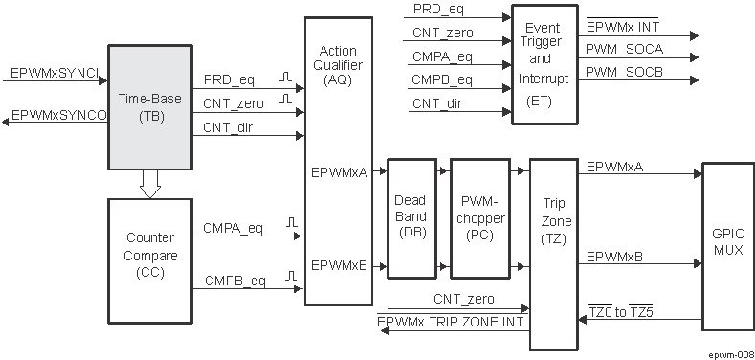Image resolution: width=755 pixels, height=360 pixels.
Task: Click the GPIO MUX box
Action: point(728,241)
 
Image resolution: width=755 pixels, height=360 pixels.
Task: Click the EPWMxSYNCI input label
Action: point(53,72)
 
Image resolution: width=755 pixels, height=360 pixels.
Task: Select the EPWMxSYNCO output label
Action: point(57,115)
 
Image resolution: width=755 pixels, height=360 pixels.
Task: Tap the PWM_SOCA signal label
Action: point(624,49)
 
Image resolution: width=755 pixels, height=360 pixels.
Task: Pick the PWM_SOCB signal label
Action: point(624,72)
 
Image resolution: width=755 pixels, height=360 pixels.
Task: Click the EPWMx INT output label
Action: point(622,26)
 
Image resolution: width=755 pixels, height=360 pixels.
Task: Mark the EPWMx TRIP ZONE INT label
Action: point(451,323)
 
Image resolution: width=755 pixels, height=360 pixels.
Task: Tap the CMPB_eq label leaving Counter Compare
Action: point(234,281)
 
